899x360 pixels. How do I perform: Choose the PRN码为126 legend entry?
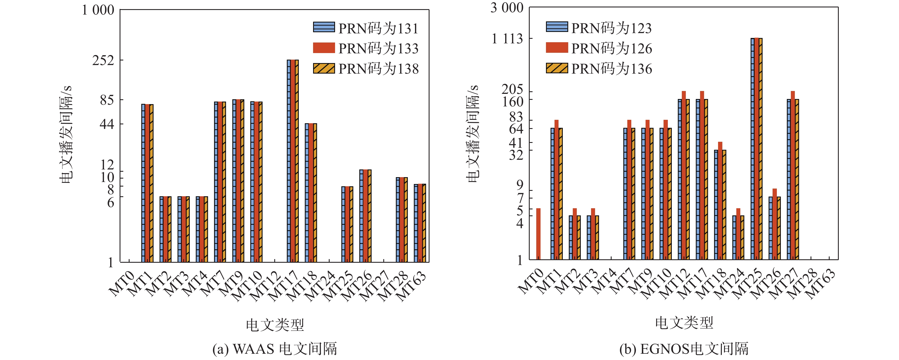tap(598, 48)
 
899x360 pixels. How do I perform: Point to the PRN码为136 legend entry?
tap(598, 68)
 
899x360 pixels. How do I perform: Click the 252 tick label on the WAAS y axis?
tap(103, 60)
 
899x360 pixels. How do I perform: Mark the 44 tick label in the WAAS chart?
tap(107, 124)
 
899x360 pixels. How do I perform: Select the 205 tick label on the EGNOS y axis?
tap(512, 89)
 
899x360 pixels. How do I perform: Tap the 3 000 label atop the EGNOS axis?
tap(507, 8)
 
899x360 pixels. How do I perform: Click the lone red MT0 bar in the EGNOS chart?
tap(538, 234)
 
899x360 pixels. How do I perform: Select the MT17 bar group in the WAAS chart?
tap(293, 161)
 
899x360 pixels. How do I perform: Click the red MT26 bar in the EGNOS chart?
tap(774, 224)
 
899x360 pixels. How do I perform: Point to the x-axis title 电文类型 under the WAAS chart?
tap(275, 325)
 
